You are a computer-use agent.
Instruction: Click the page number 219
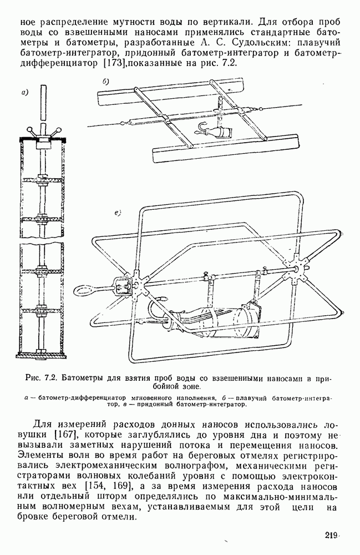coord(331,536)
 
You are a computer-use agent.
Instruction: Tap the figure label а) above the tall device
coord(25,93)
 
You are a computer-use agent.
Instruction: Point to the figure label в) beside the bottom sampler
coord(118,212)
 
